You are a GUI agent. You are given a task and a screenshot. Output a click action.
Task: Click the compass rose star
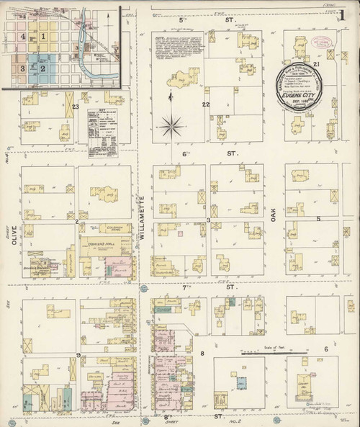[171, 127]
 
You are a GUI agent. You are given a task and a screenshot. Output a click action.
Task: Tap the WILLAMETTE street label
[143, 216]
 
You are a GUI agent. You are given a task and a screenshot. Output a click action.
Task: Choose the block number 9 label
[77, 355]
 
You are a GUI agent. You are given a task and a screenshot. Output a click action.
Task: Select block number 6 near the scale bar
[325, 349]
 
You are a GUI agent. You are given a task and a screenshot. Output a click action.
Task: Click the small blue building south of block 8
[242, 383]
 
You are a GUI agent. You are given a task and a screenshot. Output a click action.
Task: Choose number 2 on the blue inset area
[43, 68]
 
